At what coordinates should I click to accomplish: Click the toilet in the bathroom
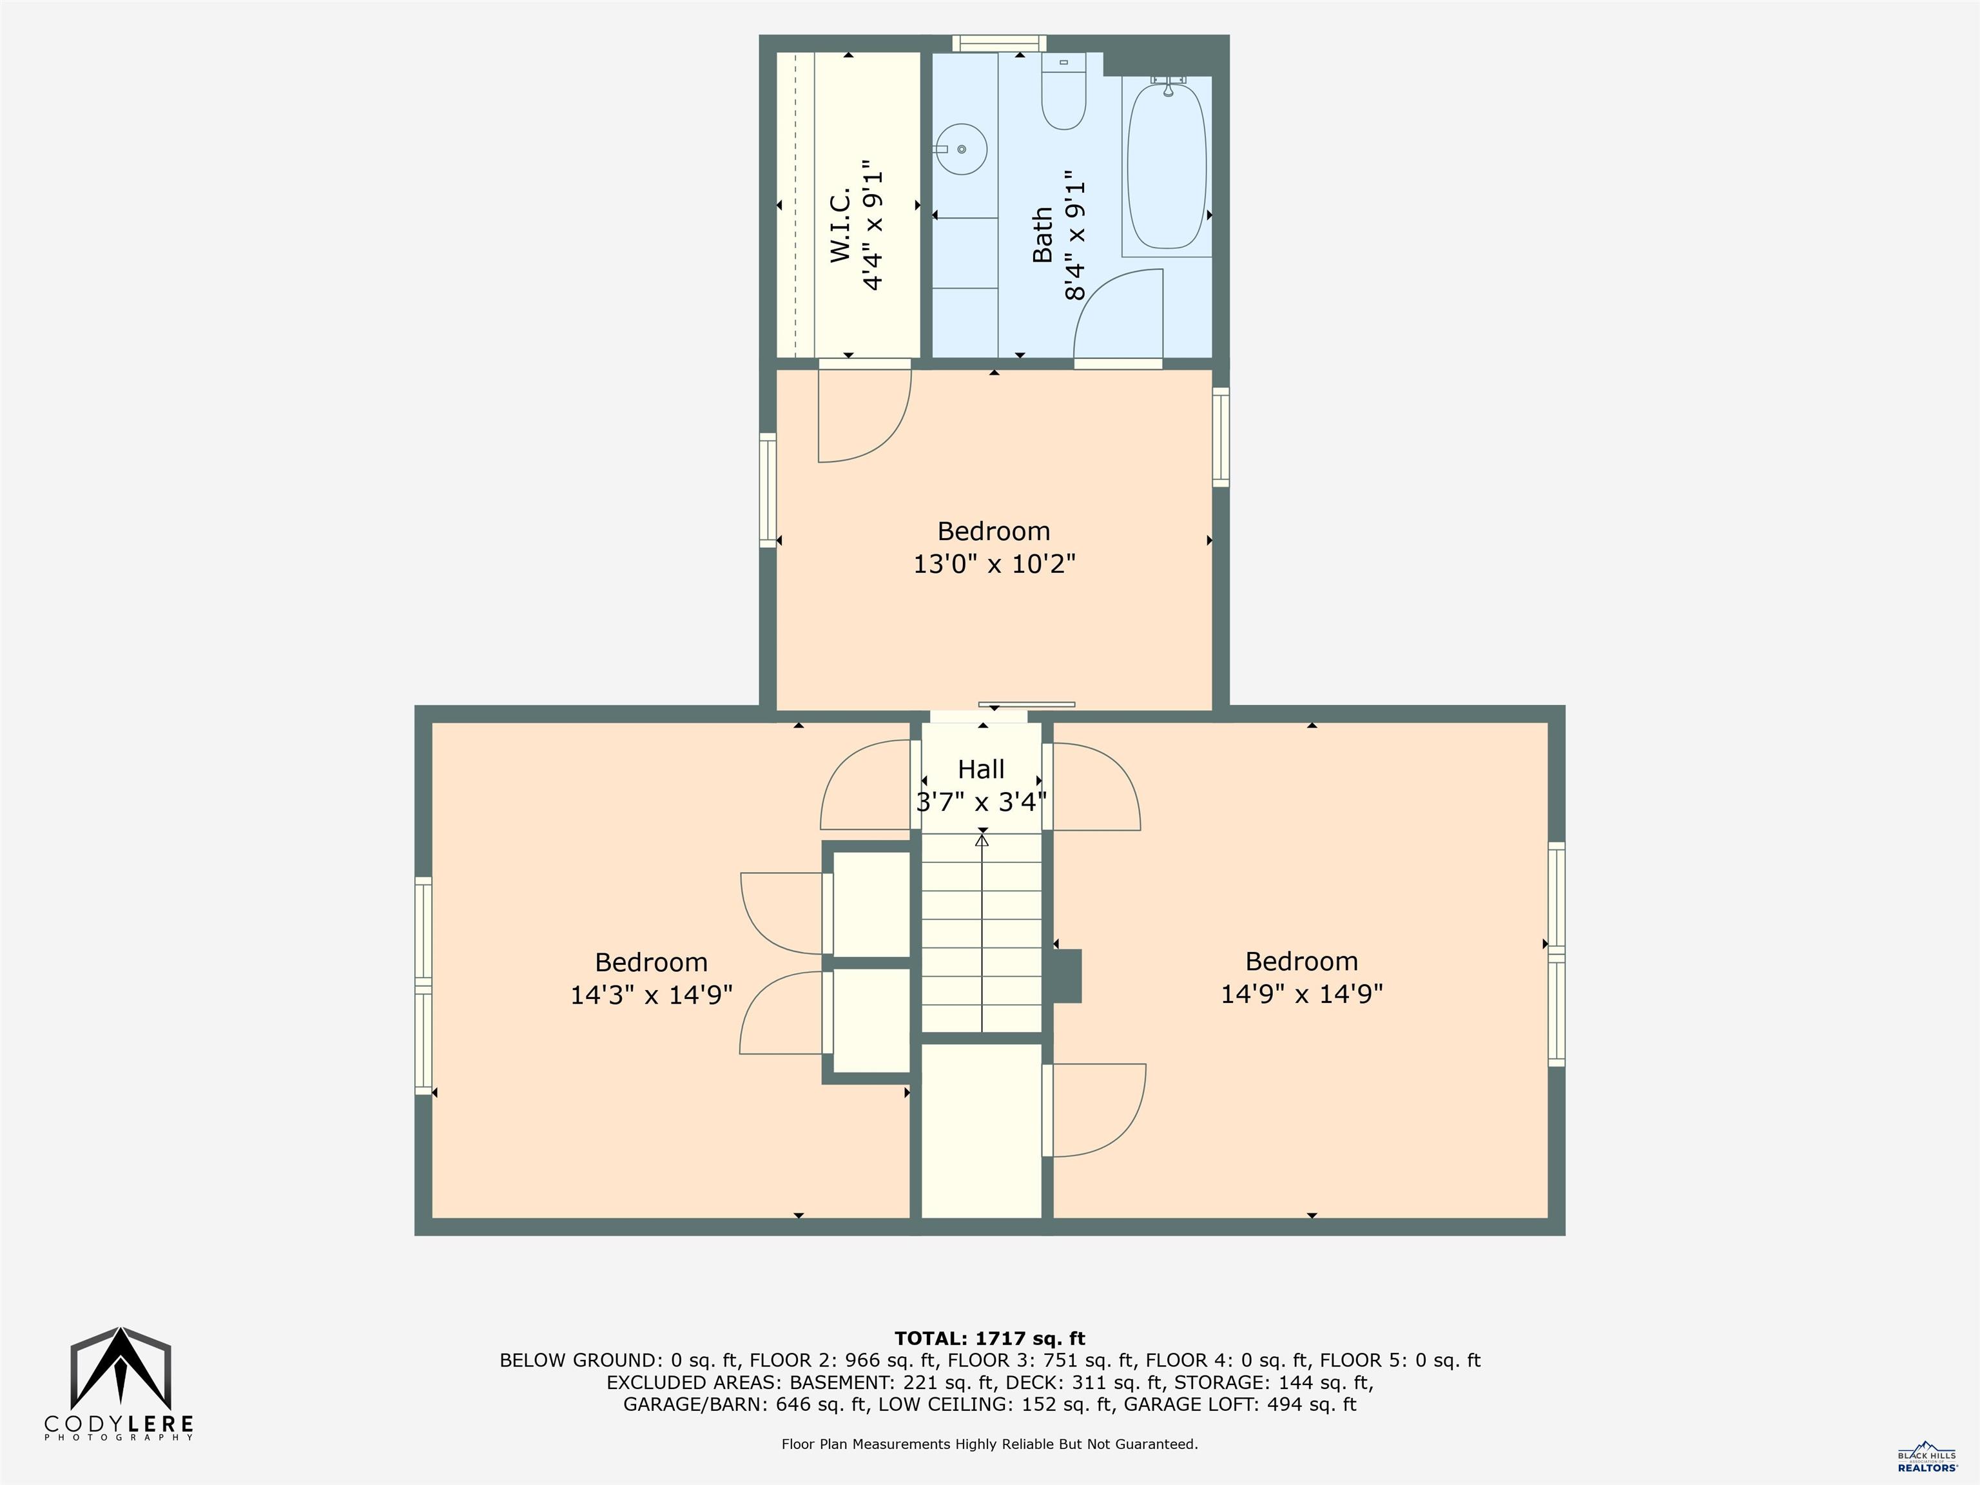pos(1063,97)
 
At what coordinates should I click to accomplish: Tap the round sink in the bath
pos(962,150)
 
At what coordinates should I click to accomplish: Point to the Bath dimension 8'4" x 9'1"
pos(1074,240)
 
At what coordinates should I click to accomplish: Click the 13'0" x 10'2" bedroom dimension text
pos(994,564)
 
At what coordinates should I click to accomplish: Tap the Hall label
pos(981,769)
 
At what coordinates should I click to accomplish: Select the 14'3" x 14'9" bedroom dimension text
pos(652,995)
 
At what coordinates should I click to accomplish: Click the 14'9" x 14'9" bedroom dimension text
pos(1301,994)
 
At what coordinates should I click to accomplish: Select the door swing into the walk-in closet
pos(864,416)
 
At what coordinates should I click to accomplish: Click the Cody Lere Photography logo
pos(120,1384)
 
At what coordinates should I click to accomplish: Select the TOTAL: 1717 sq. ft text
pos(989,1338)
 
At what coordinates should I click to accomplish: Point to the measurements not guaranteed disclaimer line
pos(989,1444)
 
